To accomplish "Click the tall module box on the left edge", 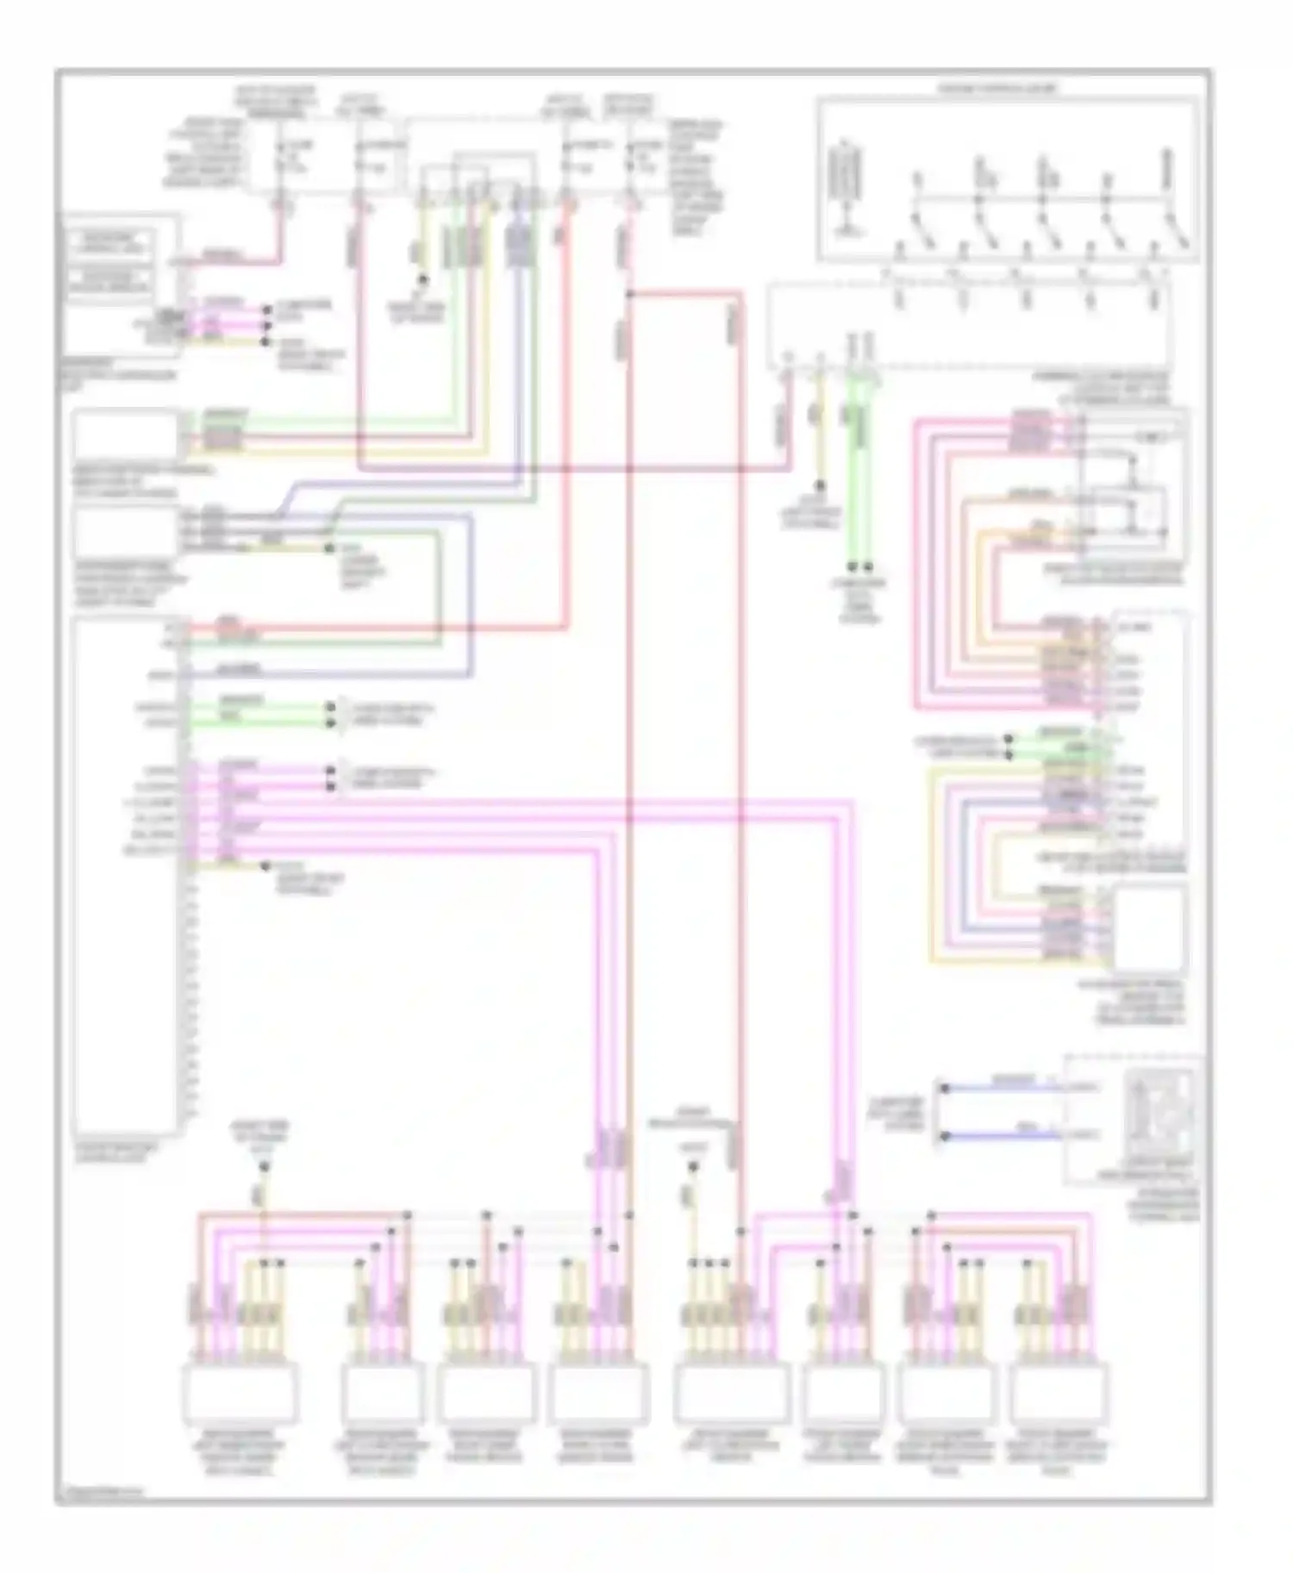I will pyautogui.click(x=128, y=875).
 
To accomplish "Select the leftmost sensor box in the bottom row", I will pyautogui.click(x=240, y=1392).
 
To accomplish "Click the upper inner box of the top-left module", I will pyautogui.click(x=109, y=242).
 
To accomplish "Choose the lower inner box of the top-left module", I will pyautogui.click(x=109, y=281).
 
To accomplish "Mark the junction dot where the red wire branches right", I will pyautogui.click(x=630, y=295).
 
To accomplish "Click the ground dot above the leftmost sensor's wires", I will pyautogui.click(x=264, y=1166).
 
